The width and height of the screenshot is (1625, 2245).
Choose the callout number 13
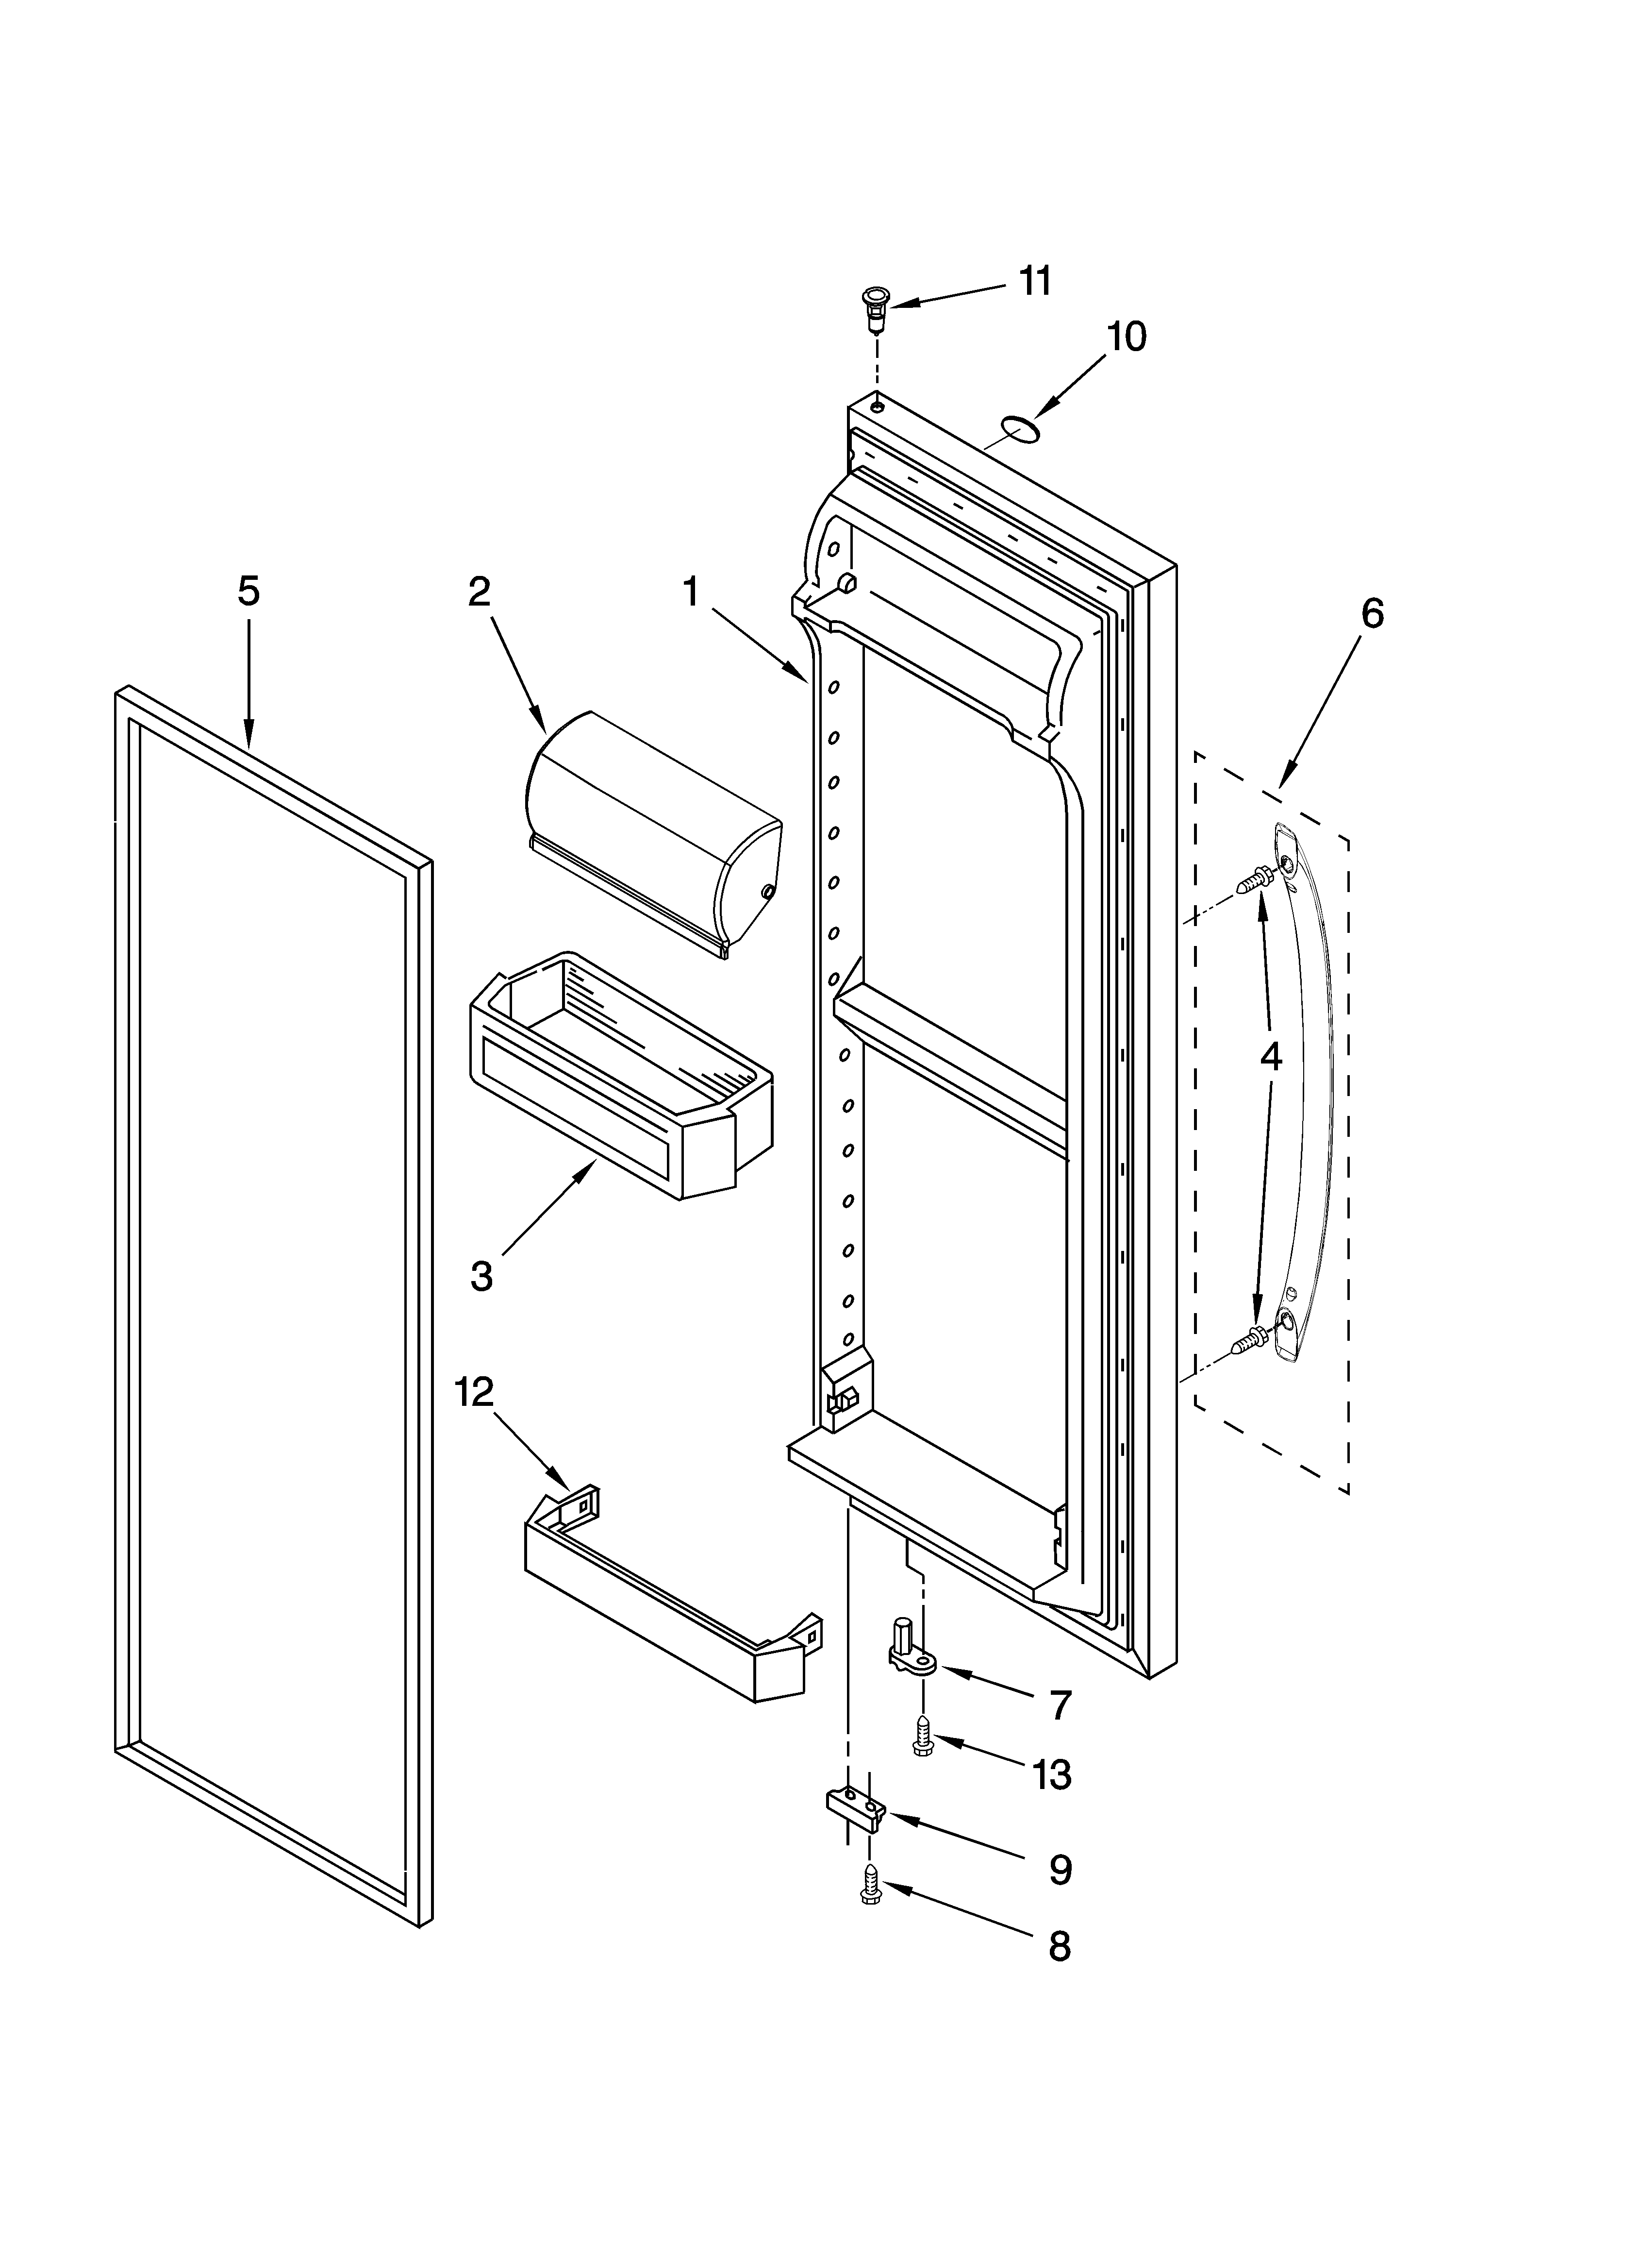coord(1051,1775)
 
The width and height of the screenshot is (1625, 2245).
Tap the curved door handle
coord(1310,1089)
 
